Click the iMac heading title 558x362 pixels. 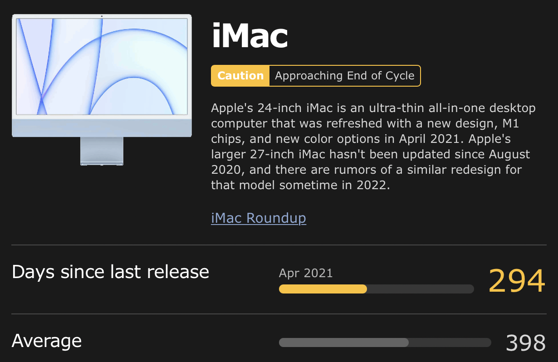tap(250, 35)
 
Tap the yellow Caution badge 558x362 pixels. tap(240, 76)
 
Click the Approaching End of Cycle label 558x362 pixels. tap(345, 76)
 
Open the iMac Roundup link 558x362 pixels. tap(259, 218)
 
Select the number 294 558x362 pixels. tap(517, 280)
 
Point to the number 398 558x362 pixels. tap(526, 343)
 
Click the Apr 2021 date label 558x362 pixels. tap(306, 273)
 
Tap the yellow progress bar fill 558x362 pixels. tap(323, 289)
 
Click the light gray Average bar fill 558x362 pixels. tap(344, 342)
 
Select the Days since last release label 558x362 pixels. tap(110, 272)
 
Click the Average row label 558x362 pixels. tap(47, 341)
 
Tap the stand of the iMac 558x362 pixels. tap(102, 151)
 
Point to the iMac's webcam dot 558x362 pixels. tap(102, 16)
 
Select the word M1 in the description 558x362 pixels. tap(510, 123)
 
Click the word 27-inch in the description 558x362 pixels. tap(272, 154)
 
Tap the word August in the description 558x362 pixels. tap(509, 155)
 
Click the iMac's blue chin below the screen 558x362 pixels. tap(102, 127)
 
